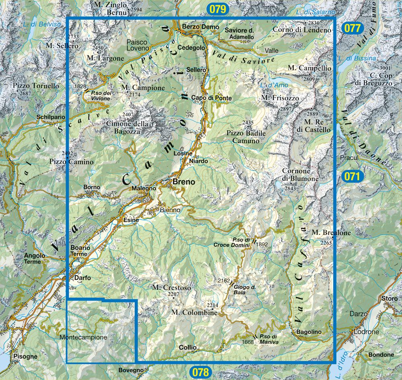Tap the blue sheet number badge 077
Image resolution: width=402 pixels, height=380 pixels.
coord(353,28)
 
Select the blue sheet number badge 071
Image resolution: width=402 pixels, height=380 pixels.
coord(353,176)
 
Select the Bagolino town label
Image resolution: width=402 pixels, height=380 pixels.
coord(309,332)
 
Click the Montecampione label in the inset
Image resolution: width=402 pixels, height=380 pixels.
coord(83,337)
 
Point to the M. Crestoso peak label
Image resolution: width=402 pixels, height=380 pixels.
coord(171,287)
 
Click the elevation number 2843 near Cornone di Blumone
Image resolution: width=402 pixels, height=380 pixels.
coord(290,188)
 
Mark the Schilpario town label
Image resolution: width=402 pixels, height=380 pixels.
coord(50,117)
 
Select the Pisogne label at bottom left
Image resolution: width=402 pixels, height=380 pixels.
coord(25,356)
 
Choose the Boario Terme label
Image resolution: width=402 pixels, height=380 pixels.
coord(80,251)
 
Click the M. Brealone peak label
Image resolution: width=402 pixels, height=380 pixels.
coord(331,232)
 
